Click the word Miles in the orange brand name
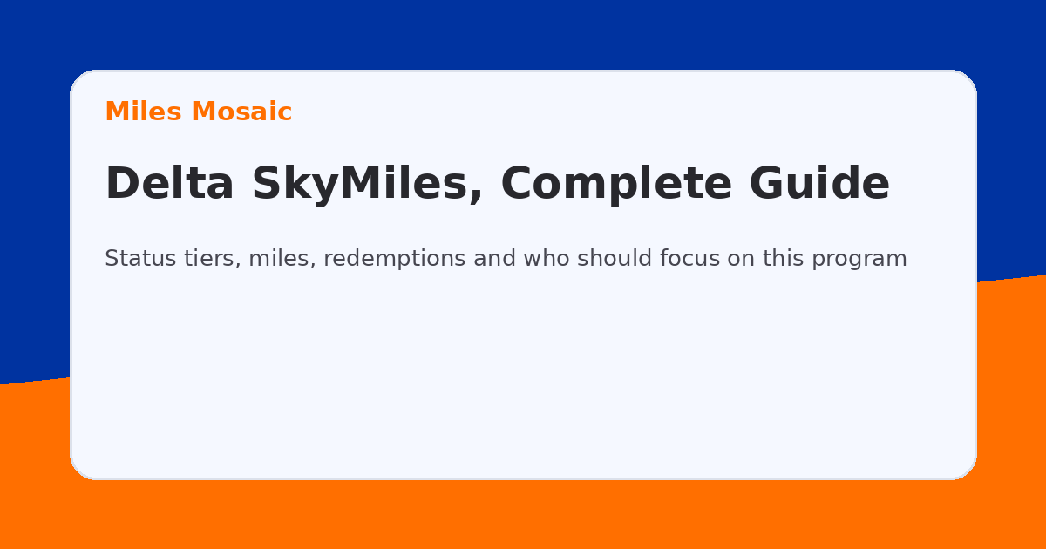(x=144, y=112)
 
